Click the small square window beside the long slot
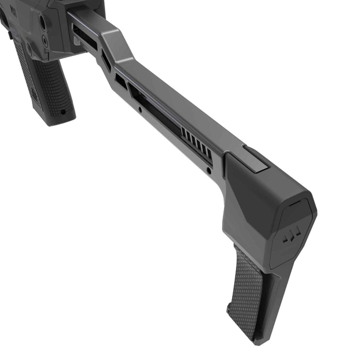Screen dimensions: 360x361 [120, 81]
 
